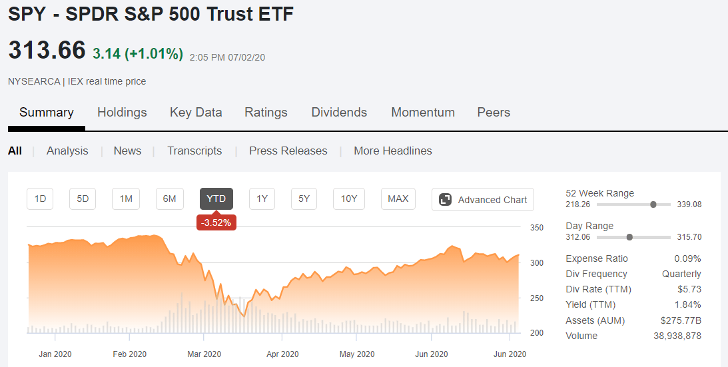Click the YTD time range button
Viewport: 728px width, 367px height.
[x=216, y=199]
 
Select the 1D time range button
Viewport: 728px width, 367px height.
[x=40, y=199]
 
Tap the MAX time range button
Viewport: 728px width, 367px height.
[x=398, y=199]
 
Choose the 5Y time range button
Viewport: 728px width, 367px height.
[x=304, y=199]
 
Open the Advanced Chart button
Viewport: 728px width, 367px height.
[x=483, y=200]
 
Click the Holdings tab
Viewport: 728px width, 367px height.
[x=122, y=113]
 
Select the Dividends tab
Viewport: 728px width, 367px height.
[x=339, y=113]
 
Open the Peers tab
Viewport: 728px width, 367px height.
[x=494, y=113]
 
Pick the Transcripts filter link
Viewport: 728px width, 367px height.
[x=194, y=151]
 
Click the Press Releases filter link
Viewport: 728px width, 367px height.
[x=288, y=151]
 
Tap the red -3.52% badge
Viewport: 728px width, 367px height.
[x=216, y=222]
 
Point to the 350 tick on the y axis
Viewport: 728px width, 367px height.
[x=537, y=228]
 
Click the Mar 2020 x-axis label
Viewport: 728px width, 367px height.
[x=204, y=354]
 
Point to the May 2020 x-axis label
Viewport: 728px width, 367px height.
[x=356, y=354]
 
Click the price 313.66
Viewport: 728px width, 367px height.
[x=47, y=50]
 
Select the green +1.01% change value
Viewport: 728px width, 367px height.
[x=153, y=54]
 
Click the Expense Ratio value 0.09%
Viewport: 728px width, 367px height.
[x=687, y=258]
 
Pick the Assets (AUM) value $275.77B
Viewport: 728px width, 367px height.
[x=681, y=320]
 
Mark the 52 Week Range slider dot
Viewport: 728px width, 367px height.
[x=653, y=204]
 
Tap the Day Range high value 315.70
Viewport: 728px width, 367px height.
[x=689, y=237]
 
